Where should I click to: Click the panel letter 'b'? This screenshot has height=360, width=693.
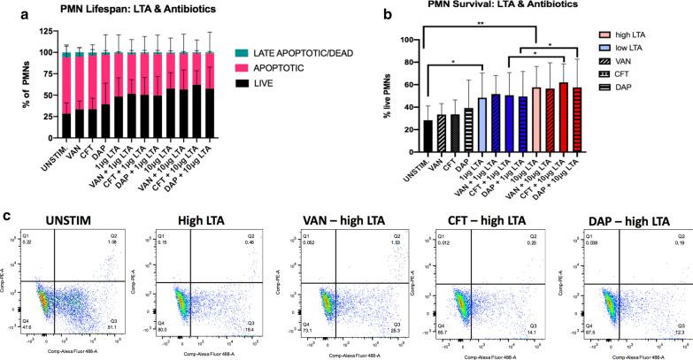click(x=386, y=11)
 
